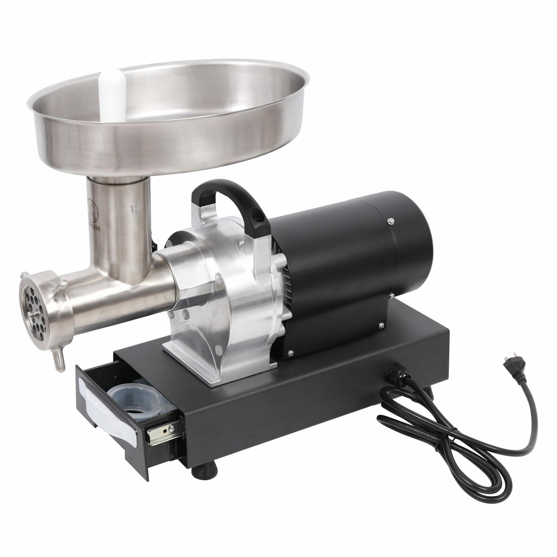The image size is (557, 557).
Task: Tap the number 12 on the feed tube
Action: pyautogui.click(x=135, y=208)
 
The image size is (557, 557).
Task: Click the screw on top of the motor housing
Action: pyautogui.click(x=391, y=221)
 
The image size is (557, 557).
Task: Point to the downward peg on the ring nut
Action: pyautogui.click(x=59, y=360)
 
